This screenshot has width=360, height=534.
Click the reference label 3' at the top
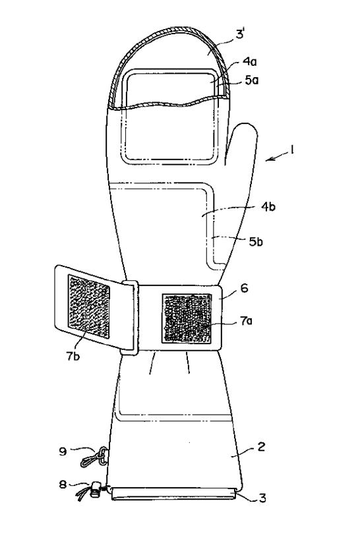(240, 35)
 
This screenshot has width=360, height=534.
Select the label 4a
(250, 62)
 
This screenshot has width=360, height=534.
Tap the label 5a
(252, 80)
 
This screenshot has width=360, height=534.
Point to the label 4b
(268, 207)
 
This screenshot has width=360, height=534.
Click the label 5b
(256, 241)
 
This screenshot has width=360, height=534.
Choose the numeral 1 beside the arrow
(291, 150)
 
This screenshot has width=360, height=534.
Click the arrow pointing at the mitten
(276, 157)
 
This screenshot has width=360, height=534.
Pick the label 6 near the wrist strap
(244, 288)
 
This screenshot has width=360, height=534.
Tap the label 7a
(246, 321)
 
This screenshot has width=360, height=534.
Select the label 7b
(73, 356)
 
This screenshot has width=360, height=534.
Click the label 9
(63, 451)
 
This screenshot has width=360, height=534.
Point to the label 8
(63, 485)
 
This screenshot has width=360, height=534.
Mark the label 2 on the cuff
(261, 446)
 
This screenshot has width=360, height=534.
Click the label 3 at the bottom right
(262, 498)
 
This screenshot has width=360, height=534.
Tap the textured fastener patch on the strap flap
(89, 307)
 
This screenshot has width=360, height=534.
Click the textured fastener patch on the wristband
(187, 318)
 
